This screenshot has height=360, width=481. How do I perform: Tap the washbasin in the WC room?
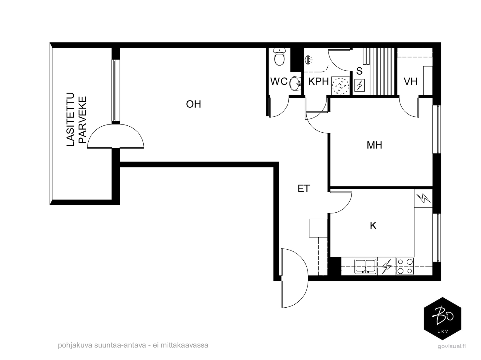pyautogui.click(x=295, y=84)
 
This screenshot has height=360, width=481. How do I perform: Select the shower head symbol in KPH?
pyautogui.click(x=308, y=60)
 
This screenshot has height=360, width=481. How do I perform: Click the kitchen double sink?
pyautogui.click(x=365, y=266)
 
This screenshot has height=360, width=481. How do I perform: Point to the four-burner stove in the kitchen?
pyautogui.click(x=405, y=266)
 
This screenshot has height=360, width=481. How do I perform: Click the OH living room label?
pyautogui.click(x=193, y=104)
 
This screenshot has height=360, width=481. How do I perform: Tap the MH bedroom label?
pyautogui.click(x=374, y=145)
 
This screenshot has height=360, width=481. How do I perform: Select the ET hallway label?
pyautogui.click(x=304, y=189)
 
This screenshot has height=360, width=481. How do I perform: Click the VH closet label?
pyautogui.click(x=410, y=82)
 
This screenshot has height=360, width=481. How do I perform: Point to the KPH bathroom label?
pyautogui.click(x=318, y=82)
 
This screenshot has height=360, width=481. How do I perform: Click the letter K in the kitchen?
pyautogui.click(x=373, y=226)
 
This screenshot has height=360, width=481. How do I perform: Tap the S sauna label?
pyautogui.click(x=359, y=71)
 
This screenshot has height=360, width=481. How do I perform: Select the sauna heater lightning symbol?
pyautogui.click(x=359, y=85)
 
